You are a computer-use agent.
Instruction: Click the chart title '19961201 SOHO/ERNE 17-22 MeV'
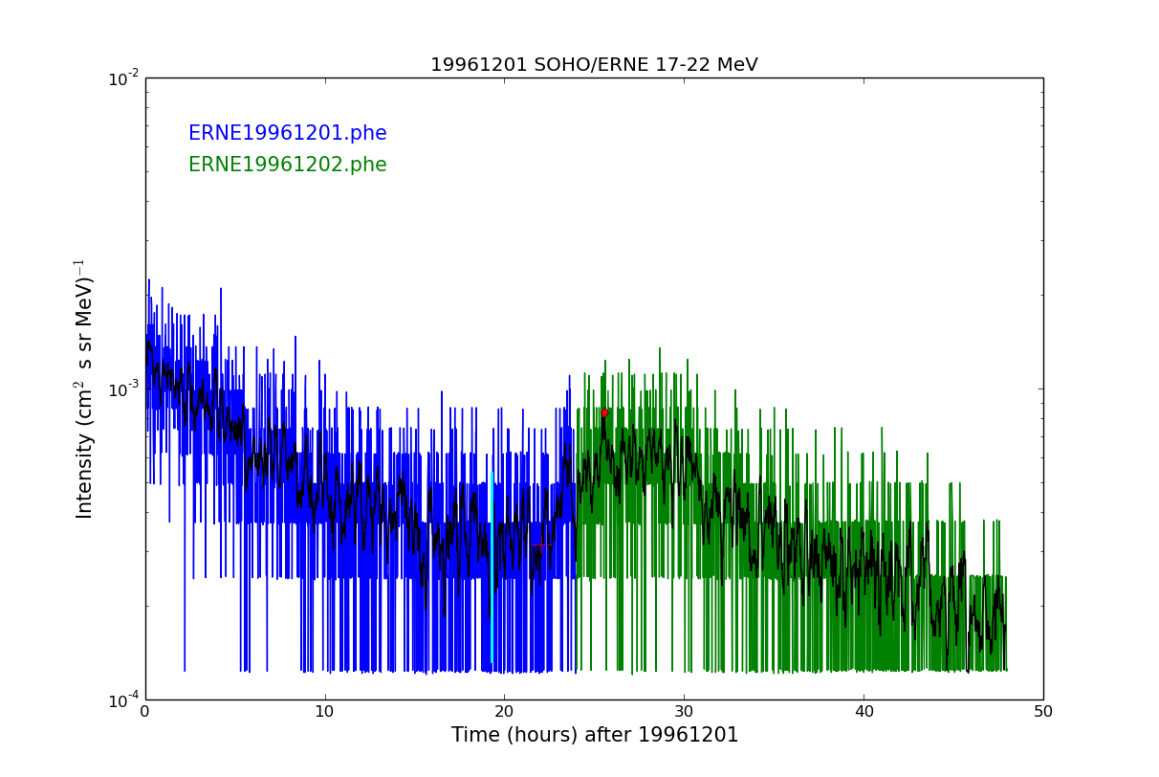click(594, 65)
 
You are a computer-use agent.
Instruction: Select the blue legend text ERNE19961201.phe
click(287, 134)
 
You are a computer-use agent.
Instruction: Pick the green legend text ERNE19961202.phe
click(287, 166)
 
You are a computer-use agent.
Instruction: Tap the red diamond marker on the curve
click(604, 413)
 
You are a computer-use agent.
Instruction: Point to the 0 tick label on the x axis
click(145, 712)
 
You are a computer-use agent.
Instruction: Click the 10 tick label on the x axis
click(325, 712)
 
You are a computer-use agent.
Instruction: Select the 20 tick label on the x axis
click(504, 712)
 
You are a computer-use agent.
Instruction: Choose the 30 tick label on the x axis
click(684, 712)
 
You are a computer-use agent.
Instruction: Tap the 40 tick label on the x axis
click(864, 712)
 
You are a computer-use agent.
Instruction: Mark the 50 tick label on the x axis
click(1043, 712)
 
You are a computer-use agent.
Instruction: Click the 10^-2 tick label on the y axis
click(123, 78)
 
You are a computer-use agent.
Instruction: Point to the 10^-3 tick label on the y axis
click(123, 389)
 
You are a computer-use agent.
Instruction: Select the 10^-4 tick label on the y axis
click(123, 700)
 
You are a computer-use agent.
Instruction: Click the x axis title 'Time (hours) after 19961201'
click(595, 736)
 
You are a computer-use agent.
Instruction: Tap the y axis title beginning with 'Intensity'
click(84, 388)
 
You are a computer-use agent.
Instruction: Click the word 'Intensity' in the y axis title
click(85, 475)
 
